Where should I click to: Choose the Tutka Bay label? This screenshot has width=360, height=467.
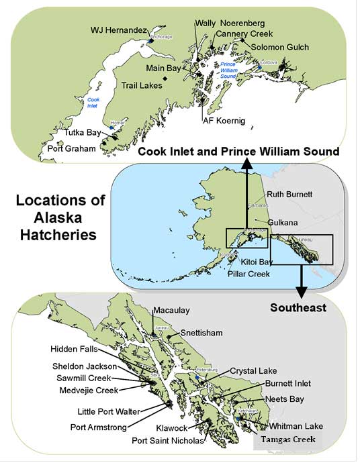[83, 134]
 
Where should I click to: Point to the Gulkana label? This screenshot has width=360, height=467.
[282, 221]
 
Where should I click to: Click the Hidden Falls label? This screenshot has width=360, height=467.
[77, 349]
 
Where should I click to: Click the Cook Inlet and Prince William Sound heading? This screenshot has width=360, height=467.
[238, 152]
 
